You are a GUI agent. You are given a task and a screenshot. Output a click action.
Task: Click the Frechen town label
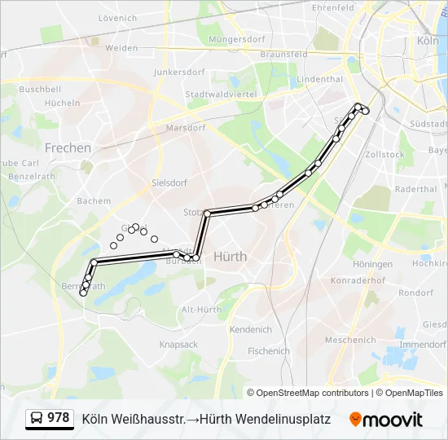click(68, 147)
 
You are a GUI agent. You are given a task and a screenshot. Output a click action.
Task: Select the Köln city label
click(428, 40)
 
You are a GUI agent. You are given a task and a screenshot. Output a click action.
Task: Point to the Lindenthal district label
click(320, 79)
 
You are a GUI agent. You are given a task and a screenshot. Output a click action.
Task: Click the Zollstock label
click(384, 154)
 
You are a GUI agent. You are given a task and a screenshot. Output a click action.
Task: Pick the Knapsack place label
click(178, 345)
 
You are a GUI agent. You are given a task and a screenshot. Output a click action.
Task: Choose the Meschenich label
click(349, 340)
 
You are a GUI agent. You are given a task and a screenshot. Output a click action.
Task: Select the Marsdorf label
click(185, 128)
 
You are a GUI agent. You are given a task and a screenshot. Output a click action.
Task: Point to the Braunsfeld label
click(283, 54)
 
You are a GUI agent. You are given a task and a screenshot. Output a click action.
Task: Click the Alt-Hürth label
click(201, 310)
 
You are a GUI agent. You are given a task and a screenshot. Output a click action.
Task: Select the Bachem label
click(93, 200)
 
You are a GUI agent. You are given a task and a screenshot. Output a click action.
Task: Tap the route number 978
click(58, 418)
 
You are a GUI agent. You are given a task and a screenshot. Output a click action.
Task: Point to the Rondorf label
click(415, 293)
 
